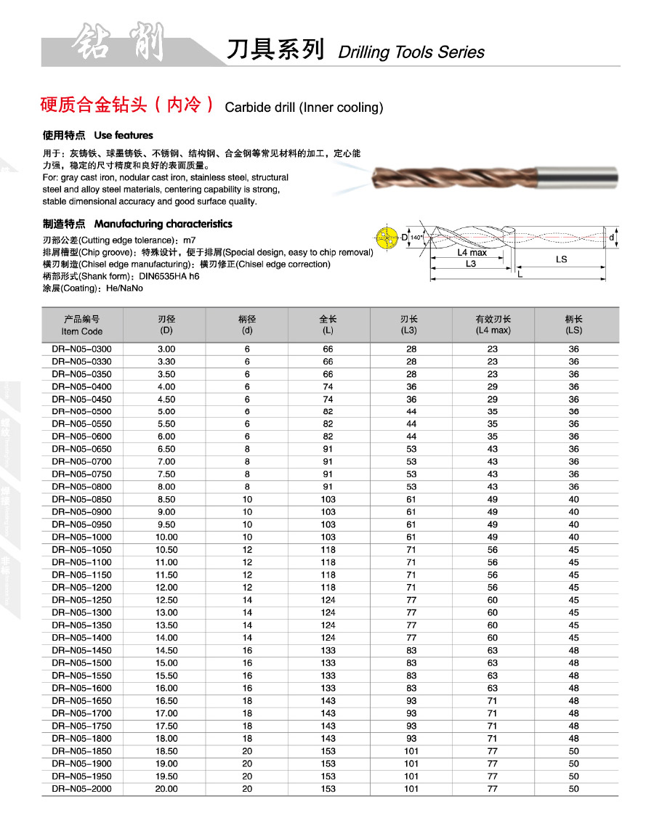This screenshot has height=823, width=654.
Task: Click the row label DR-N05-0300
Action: click(x=81, y=349)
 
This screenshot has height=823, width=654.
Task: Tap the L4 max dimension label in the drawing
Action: click(x=472, y=253)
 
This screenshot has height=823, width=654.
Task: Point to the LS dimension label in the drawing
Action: click(x=561, y=259)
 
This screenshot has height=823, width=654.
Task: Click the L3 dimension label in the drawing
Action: click(x=470, y=264)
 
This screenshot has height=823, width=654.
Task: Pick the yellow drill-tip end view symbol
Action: click(x=384, y=238)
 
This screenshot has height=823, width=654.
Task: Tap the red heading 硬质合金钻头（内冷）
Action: click(x=127, y=105)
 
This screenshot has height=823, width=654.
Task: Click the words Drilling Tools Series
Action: click(x=411, y=52)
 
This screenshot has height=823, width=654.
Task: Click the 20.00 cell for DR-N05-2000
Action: click(x=166, y=789)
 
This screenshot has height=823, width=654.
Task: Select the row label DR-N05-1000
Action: click(x=81, y=537)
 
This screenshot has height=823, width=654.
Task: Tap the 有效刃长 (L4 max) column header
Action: click(x=493, y=325)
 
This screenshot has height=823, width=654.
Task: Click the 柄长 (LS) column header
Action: click(x=574, y=325)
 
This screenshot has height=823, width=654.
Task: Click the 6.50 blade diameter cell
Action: click(x=166, y=449)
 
